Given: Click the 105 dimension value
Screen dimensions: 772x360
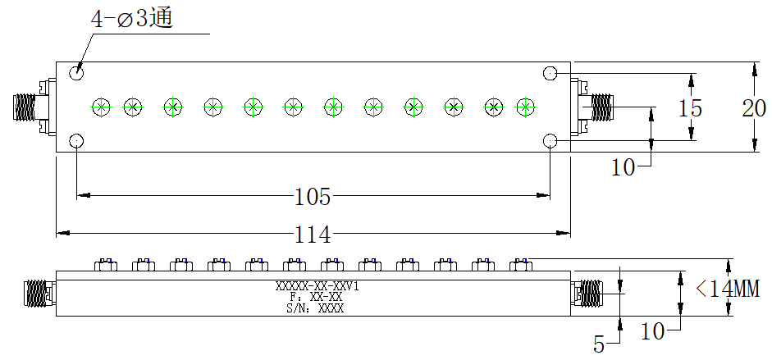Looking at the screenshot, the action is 313,197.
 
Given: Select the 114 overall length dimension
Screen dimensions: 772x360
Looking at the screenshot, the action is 313,235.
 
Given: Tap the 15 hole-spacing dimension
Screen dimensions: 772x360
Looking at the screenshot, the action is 690,108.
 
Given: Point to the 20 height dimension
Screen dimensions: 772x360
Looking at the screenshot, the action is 754,108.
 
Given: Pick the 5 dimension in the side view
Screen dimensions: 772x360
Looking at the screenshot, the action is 599,344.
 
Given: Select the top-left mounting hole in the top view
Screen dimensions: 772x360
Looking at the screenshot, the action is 76,73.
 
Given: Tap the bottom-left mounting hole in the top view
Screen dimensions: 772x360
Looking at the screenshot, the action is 76,142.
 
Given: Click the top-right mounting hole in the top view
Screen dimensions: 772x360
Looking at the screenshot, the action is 550,73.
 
